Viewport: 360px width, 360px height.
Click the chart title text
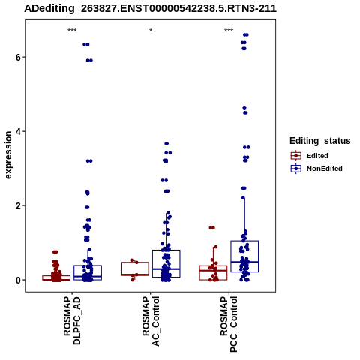(150, 8)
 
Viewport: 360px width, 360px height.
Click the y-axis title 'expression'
(8, 155)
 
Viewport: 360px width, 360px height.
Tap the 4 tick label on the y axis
(18, 131)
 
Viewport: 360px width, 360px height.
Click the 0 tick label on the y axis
(18, 280)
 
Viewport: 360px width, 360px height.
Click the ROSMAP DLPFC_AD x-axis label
(72, 320)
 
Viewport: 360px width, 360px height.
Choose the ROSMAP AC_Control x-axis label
(151, 321)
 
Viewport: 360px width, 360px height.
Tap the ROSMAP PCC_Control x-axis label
(229, 324)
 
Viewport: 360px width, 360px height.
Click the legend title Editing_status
(320, 141)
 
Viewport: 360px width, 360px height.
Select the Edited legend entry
(310, 156)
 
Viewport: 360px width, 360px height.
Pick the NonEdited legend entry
(316, 169)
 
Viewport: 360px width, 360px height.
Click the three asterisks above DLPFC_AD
(72, 31)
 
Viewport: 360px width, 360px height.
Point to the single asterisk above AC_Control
(151, 31)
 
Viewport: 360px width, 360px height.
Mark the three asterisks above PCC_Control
(229, 31)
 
